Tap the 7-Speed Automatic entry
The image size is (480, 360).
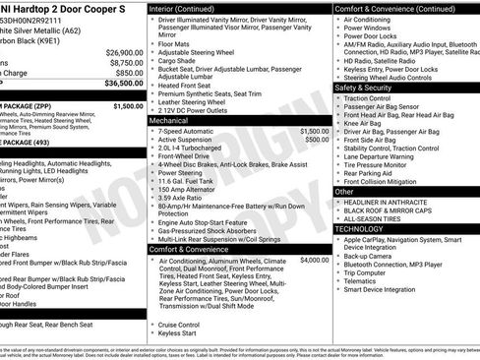(x=193, y=130)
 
